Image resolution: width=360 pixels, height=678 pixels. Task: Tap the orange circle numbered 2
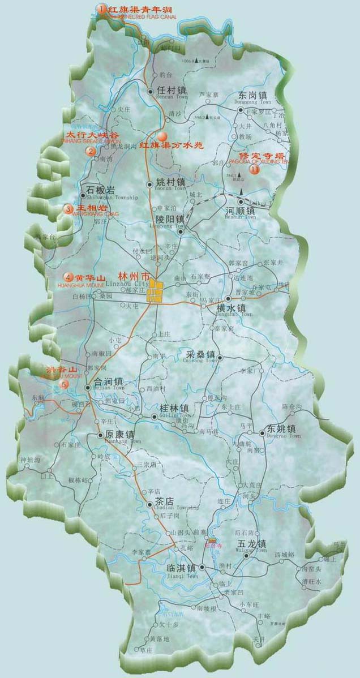point(90,152)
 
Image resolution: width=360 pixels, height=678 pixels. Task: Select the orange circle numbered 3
point(68,209)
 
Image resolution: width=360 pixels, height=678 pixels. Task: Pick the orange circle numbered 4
point(68,277)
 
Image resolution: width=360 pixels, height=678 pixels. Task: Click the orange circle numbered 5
point(64,384)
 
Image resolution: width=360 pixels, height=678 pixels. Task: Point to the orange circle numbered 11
point(255,169)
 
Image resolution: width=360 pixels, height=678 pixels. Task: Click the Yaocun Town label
point(170,189)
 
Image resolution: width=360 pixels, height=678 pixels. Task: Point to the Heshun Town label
point(240,217)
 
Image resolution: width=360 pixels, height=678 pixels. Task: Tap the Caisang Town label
point(201,361)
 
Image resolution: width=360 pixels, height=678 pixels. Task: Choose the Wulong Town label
point(252,550)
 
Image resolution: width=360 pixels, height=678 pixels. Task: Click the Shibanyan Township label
point(112,198)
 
